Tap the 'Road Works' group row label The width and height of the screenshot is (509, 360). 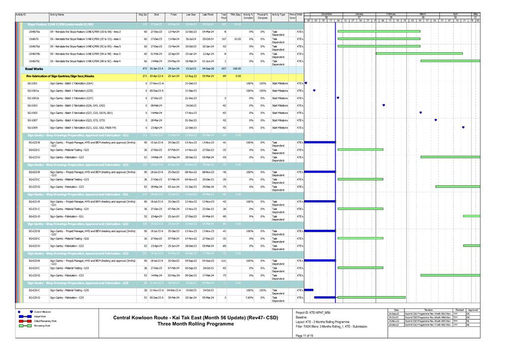pos(35,68)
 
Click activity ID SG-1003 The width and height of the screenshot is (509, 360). pos(33,105)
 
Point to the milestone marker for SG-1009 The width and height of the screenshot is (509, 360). pos(463,127)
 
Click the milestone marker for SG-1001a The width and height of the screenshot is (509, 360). pos(314,91)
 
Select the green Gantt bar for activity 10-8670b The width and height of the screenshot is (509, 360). pos(419,53)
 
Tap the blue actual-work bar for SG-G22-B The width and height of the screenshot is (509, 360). pos(320,142)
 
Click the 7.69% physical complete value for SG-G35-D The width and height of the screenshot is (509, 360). pos(262,297)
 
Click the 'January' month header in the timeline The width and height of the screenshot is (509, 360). pos(359,14)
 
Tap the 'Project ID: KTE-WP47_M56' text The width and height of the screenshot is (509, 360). pos(312,312)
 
